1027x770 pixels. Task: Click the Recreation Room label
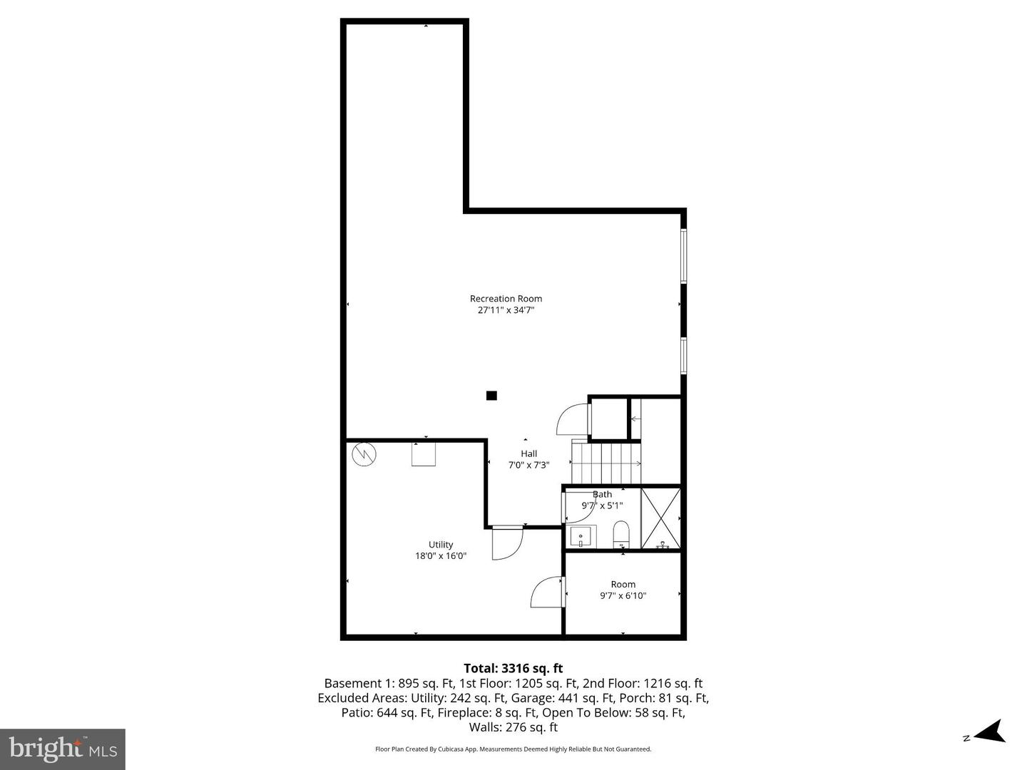click(506, 299)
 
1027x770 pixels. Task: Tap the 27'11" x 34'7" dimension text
click(506, 310)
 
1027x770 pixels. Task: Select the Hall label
click(528, 453)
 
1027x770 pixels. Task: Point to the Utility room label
click(441, 545)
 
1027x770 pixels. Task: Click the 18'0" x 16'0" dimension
click(441, 556)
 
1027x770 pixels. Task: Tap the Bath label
click(603, 494)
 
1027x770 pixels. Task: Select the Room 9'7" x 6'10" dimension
click(623, 595)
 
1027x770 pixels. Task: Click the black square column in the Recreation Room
click(491, 396)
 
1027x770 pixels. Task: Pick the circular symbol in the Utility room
click(364, 454)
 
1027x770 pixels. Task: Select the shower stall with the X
click(660, 518)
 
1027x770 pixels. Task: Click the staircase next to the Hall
click(606, 462)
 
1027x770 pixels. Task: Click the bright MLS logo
click(63, 749)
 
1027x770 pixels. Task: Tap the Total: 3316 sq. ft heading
click(513, 668)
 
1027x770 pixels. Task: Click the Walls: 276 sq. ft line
click(513, 727)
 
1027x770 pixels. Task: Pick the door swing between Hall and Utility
click(508, 543)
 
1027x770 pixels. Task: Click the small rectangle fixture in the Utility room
click(424, 454)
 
